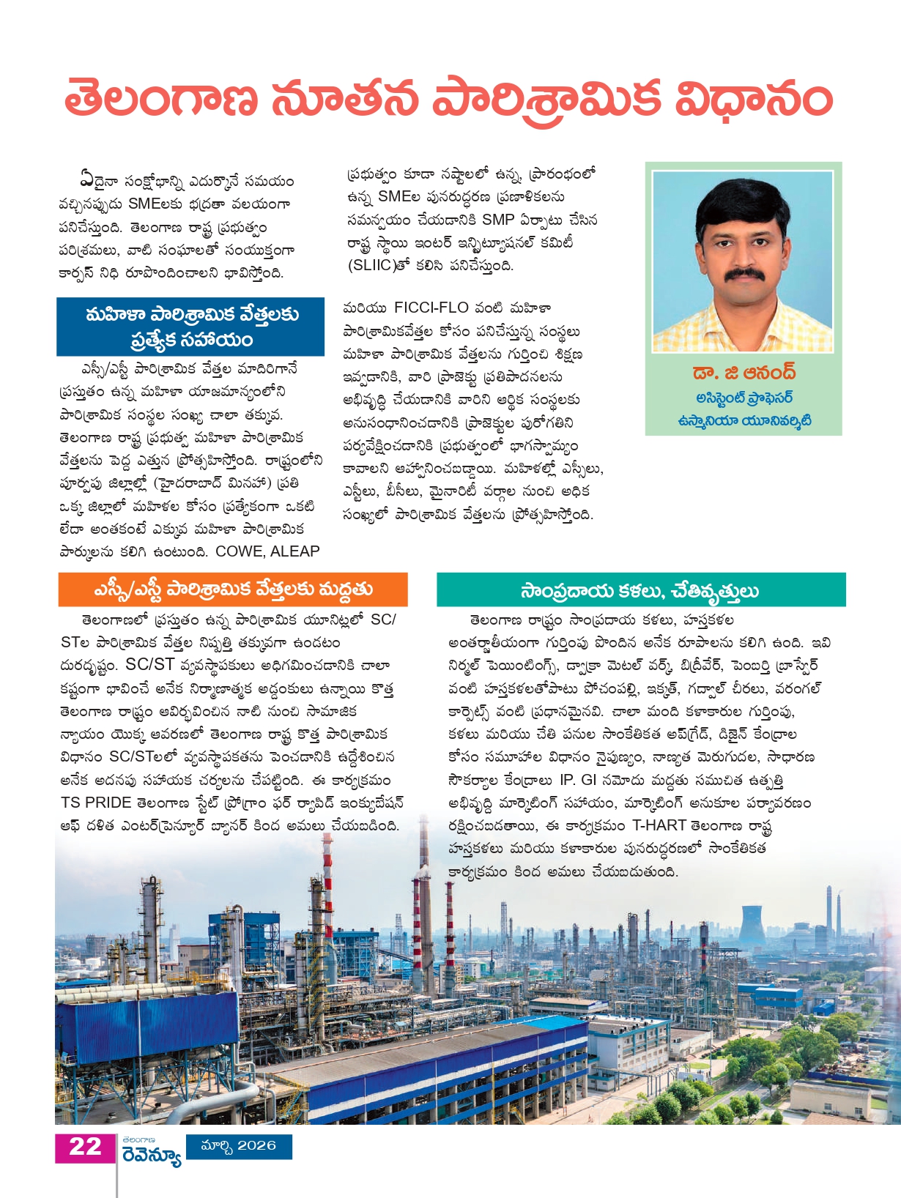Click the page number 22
coord(85,1147)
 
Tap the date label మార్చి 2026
coord(239,1146)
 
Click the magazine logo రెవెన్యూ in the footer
coord(152,1156)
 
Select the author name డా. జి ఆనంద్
coord(744,373)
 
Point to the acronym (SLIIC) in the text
coord(371,266)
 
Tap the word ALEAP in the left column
coord(295,551)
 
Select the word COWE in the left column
coord(239,551)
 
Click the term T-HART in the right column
coord(659,825)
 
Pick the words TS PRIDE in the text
coord(96,803)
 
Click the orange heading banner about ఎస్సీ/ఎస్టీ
coord(233,589)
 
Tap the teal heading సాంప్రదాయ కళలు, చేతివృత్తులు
coord(640,590)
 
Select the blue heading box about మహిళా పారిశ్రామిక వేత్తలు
coord(190,327)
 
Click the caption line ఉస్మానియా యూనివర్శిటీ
coord(744,421)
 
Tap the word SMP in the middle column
coord(497,220)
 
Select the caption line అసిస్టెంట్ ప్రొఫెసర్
coord(744,398)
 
